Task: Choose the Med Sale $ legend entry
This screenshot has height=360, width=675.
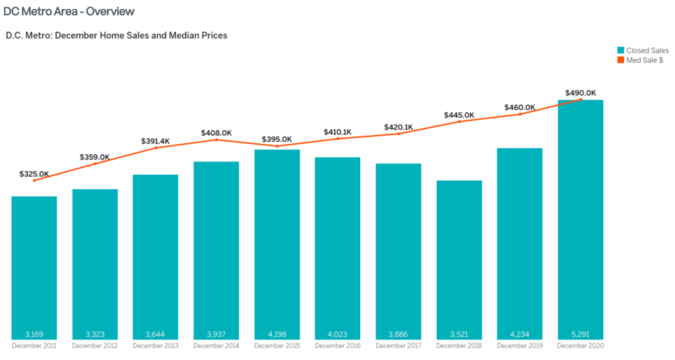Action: point(639,60)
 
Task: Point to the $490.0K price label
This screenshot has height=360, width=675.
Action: point(581,93)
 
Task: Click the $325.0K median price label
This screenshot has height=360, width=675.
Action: point(34,174)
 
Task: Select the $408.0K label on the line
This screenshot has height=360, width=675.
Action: point(216,133)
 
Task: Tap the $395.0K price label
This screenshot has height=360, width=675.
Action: point(277,139)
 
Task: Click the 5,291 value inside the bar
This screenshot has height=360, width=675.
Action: point(581,333)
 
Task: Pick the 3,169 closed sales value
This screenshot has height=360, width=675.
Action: point(34,333)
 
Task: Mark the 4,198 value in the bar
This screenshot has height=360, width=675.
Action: point(277,333)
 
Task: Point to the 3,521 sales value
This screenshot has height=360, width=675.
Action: point(459,333)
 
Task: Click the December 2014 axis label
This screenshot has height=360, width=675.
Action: point(216,345)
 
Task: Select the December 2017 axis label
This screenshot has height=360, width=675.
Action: point(399,345)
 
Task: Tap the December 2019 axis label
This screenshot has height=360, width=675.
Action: point(520,345)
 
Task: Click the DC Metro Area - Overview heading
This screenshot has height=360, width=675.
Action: point(69,12)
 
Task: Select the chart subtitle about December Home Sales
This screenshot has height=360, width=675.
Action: point(116,36)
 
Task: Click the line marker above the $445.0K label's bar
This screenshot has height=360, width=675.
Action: point(459,122)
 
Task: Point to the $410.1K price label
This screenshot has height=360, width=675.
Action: point(338,132)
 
